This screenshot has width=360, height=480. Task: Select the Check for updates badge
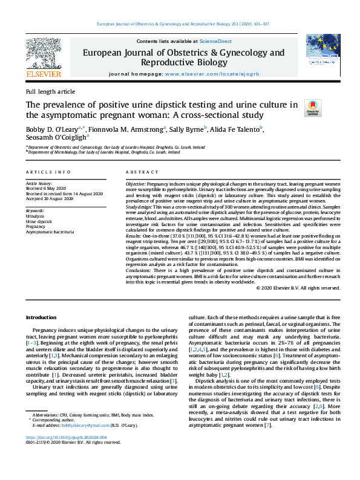click(x=313, y=108)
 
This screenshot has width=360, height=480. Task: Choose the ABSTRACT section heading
click(x=140, y=172)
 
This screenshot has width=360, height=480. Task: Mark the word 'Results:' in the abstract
click(x=135, y=235)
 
